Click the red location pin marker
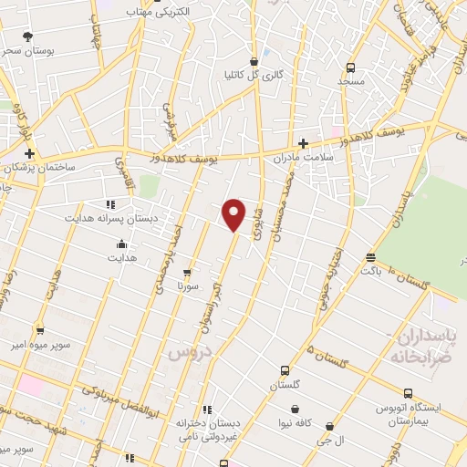(x=235, y=214)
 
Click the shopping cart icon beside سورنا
(x=187, y=272)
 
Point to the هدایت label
(x=122, y=258)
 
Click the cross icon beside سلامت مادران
(x=303, y=142)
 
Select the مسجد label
(x=351, y=81)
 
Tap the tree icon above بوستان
(x=28, y=36)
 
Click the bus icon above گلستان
(x=285, y=371)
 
